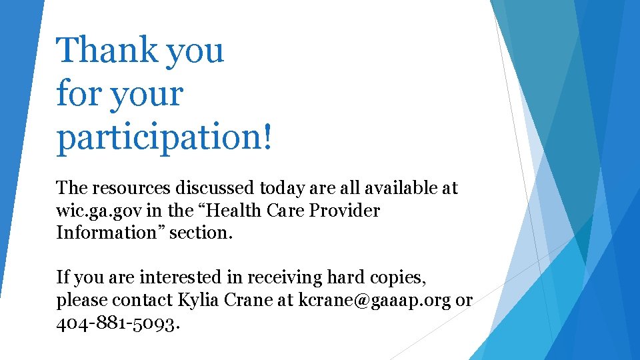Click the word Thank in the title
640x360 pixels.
(x=106, y=50)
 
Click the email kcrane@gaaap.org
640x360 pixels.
(x=374, y=300)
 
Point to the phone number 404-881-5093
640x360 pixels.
(x=117, y=324)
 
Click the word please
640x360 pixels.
(x=82, y=301)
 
